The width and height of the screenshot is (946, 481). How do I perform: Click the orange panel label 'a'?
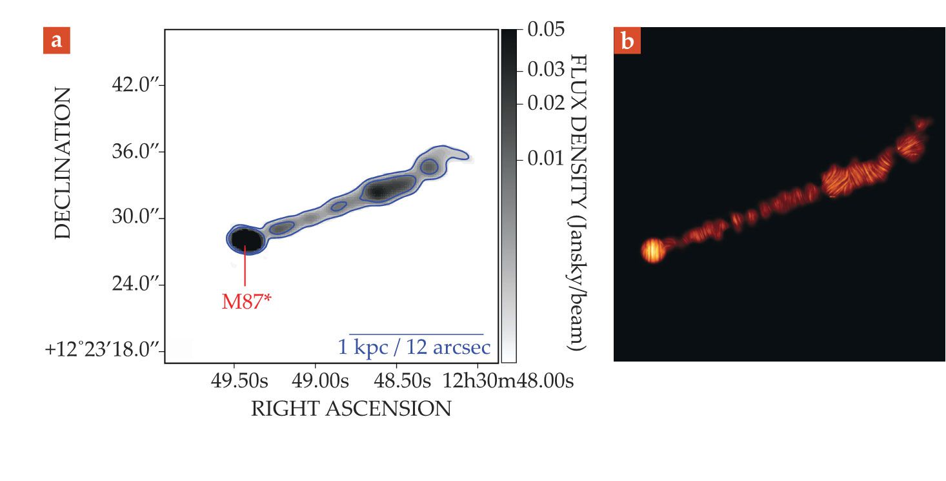(x=57, y=41)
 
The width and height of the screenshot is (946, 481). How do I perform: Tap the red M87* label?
(x=246, y=302)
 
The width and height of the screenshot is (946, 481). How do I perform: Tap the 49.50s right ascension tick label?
(x=236, y=381)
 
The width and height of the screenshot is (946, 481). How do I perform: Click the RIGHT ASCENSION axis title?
(x=351, y=409)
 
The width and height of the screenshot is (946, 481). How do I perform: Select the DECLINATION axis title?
(x=63, y=163)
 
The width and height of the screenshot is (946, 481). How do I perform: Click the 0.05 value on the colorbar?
(x=546, y=30)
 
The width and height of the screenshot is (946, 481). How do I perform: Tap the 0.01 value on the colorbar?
(x=546, y=158)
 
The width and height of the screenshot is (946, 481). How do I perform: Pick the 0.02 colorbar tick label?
(x=546, y=103)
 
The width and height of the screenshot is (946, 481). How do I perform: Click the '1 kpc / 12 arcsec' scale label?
(x=414, y=347)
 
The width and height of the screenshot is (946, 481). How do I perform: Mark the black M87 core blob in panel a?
(x=245, y=240)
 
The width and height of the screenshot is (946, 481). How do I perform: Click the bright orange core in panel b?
(x=653, y=251)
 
